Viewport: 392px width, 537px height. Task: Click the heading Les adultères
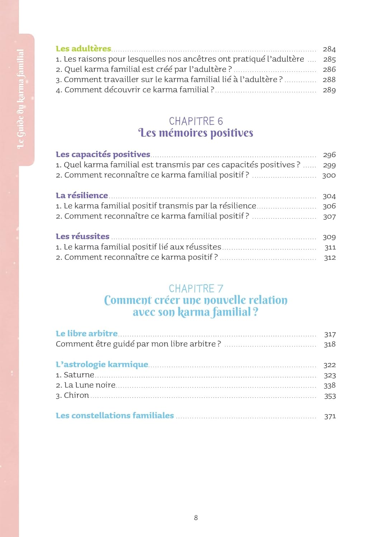pyautogui.click(x=83, y=49)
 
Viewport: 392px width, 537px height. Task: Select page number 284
pyautogui.click(x=329, y=49)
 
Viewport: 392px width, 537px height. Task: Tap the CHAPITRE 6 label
pyautogui.click(x=196, y=121)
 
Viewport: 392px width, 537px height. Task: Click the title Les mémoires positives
pyautogui.click(x=196, y=133)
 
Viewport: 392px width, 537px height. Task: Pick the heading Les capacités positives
pyautogui.click(x=103, y=154)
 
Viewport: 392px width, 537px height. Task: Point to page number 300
pyautogui.click(x=329, y=175)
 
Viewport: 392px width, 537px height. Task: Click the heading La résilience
pyautogui.click(x=82, y=195)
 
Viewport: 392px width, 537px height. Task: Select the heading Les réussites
pyautogui.click(x=82, y=236)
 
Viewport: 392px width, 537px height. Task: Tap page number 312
pyautogui.click(x=330, y=257)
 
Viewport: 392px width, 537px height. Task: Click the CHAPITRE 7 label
pyautogui.click(x=196, y=289)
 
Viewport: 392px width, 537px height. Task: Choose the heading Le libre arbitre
pyautogui.click(x=87, y=334)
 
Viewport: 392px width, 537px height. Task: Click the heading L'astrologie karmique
pyautogui.click(x=102, y=364)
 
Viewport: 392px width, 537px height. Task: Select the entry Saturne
pyautogui.click(x=78, y=375)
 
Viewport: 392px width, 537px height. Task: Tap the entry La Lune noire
pyautogui.click(x=90, y=385)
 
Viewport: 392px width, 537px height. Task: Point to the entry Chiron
pyautogui.click(x=76, y=395)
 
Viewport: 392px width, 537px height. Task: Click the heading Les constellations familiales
pyautogui.click(x=115, y=416)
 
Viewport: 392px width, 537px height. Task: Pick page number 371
pyautogui.click(x=330, y=416)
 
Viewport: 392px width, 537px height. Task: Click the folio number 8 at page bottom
pyautogui.click(x=196, y=517)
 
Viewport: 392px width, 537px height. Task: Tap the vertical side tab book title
pyautogui.click(x=21, y=99)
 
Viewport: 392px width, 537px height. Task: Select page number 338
pyautogui.click(x=330, y=386)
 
